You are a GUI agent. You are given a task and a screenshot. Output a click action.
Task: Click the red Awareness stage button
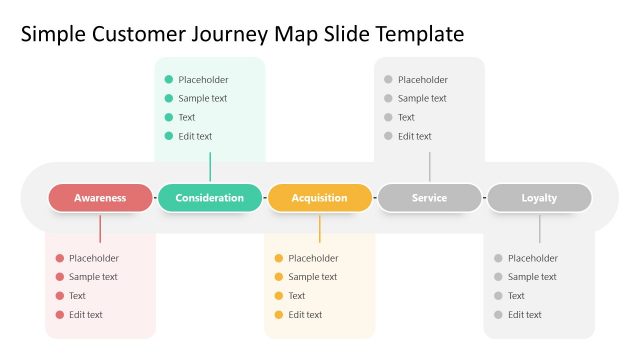100,198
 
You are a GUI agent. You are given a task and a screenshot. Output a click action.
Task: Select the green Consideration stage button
210,198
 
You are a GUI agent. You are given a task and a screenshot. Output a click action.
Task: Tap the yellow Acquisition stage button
320,198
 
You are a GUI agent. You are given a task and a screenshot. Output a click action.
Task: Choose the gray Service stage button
429,198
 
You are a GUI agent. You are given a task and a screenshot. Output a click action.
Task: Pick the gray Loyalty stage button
539,198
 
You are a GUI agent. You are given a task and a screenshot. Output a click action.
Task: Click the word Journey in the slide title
235,35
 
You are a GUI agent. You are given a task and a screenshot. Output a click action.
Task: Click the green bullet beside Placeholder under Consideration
169,79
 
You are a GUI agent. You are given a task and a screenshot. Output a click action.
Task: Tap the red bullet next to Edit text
60,315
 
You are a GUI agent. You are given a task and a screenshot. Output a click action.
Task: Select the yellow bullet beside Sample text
279,277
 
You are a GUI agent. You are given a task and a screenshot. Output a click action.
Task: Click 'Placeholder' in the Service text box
423,79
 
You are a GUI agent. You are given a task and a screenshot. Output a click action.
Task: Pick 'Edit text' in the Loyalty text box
525,315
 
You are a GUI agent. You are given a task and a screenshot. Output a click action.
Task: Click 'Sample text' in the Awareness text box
93,277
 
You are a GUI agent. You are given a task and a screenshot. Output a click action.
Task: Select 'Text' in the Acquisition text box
297,296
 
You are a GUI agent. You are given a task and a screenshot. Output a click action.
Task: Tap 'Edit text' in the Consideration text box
195,136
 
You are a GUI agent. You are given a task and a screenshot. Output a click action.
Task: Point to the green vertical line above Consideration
210,166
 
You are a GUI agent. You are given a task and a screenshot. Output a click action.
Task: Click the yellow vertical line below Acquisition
320,228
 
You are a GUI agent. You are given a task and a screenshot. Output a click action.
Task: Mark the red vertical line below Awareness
100,228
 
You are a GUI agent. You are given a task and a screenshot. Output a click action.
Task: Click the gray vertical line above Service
429,166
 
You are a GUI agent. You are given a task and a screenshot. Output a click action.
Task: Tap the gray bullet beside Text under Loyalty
498,296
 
